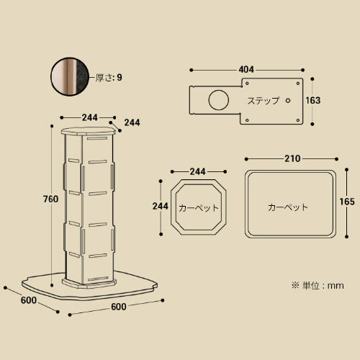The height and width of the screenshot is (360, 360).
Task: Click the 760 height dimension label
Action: pyautogui.click(x=50, y=199)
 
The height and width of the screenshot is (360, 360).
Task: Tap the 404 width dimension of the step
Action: pyautogui.click(x=246, y=70)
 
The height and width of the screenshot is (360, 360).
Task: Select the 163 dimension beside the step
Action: pyautogui.click(x=313, y=100)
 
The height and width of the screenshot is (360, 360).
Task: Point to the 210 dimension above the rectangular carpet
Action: pyautogui.click(x=292, y=158)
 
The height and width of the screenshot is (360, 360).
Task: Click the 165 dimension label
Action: pyautogui.click(x=347, y=202)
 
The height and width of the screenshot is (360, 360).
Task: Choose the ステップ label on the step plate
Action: pyautogui.click(x=264, y=101)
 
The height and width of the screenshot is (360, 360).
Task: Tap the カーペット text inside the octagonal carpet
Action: pyautogui.click(x=199, y=208)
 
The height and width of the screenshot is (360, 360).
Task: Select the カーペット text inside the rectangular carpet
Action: pyautogui.click(x=288, y=207)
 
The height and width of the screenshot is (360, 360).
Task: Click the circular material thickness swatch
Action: pyautogui.click(x=70, y=76)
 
